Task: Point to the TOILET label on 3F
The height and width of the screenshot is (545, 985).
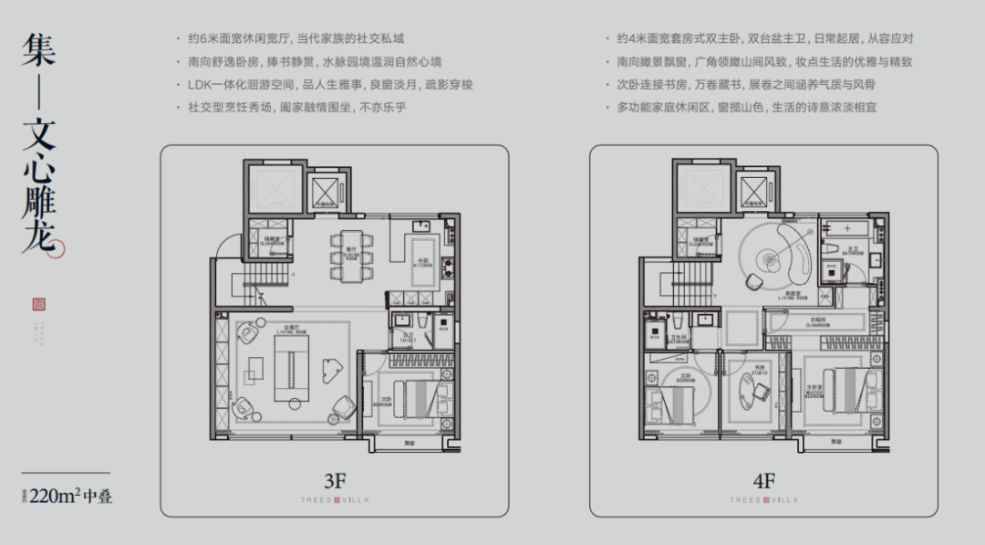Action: pyautogui.click(x=408, y=339)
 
